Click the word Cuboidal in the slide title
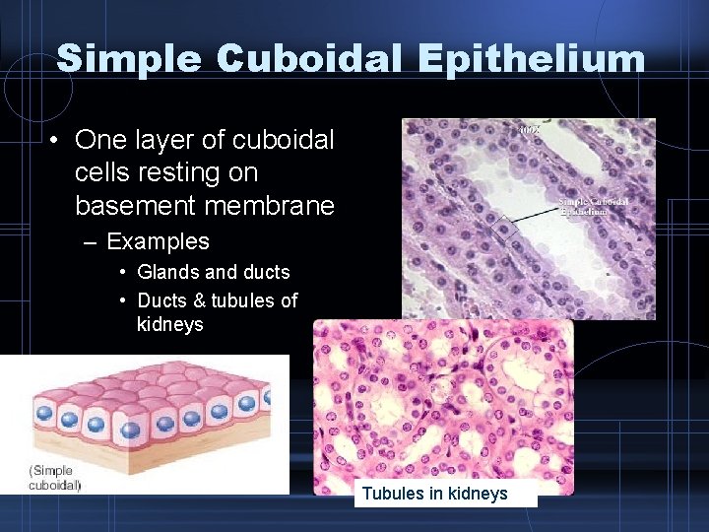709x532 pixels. point(313,58)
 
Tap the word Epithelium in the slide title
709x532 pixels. point(531,58)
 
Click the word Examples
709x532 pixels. point(158,241)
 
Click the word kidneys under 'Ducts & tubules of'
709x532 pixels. point(170,324)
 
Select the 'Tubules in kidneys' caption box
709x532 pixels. point(446,494)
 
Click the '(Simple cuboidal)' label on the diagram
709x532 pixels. point(55,477)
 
